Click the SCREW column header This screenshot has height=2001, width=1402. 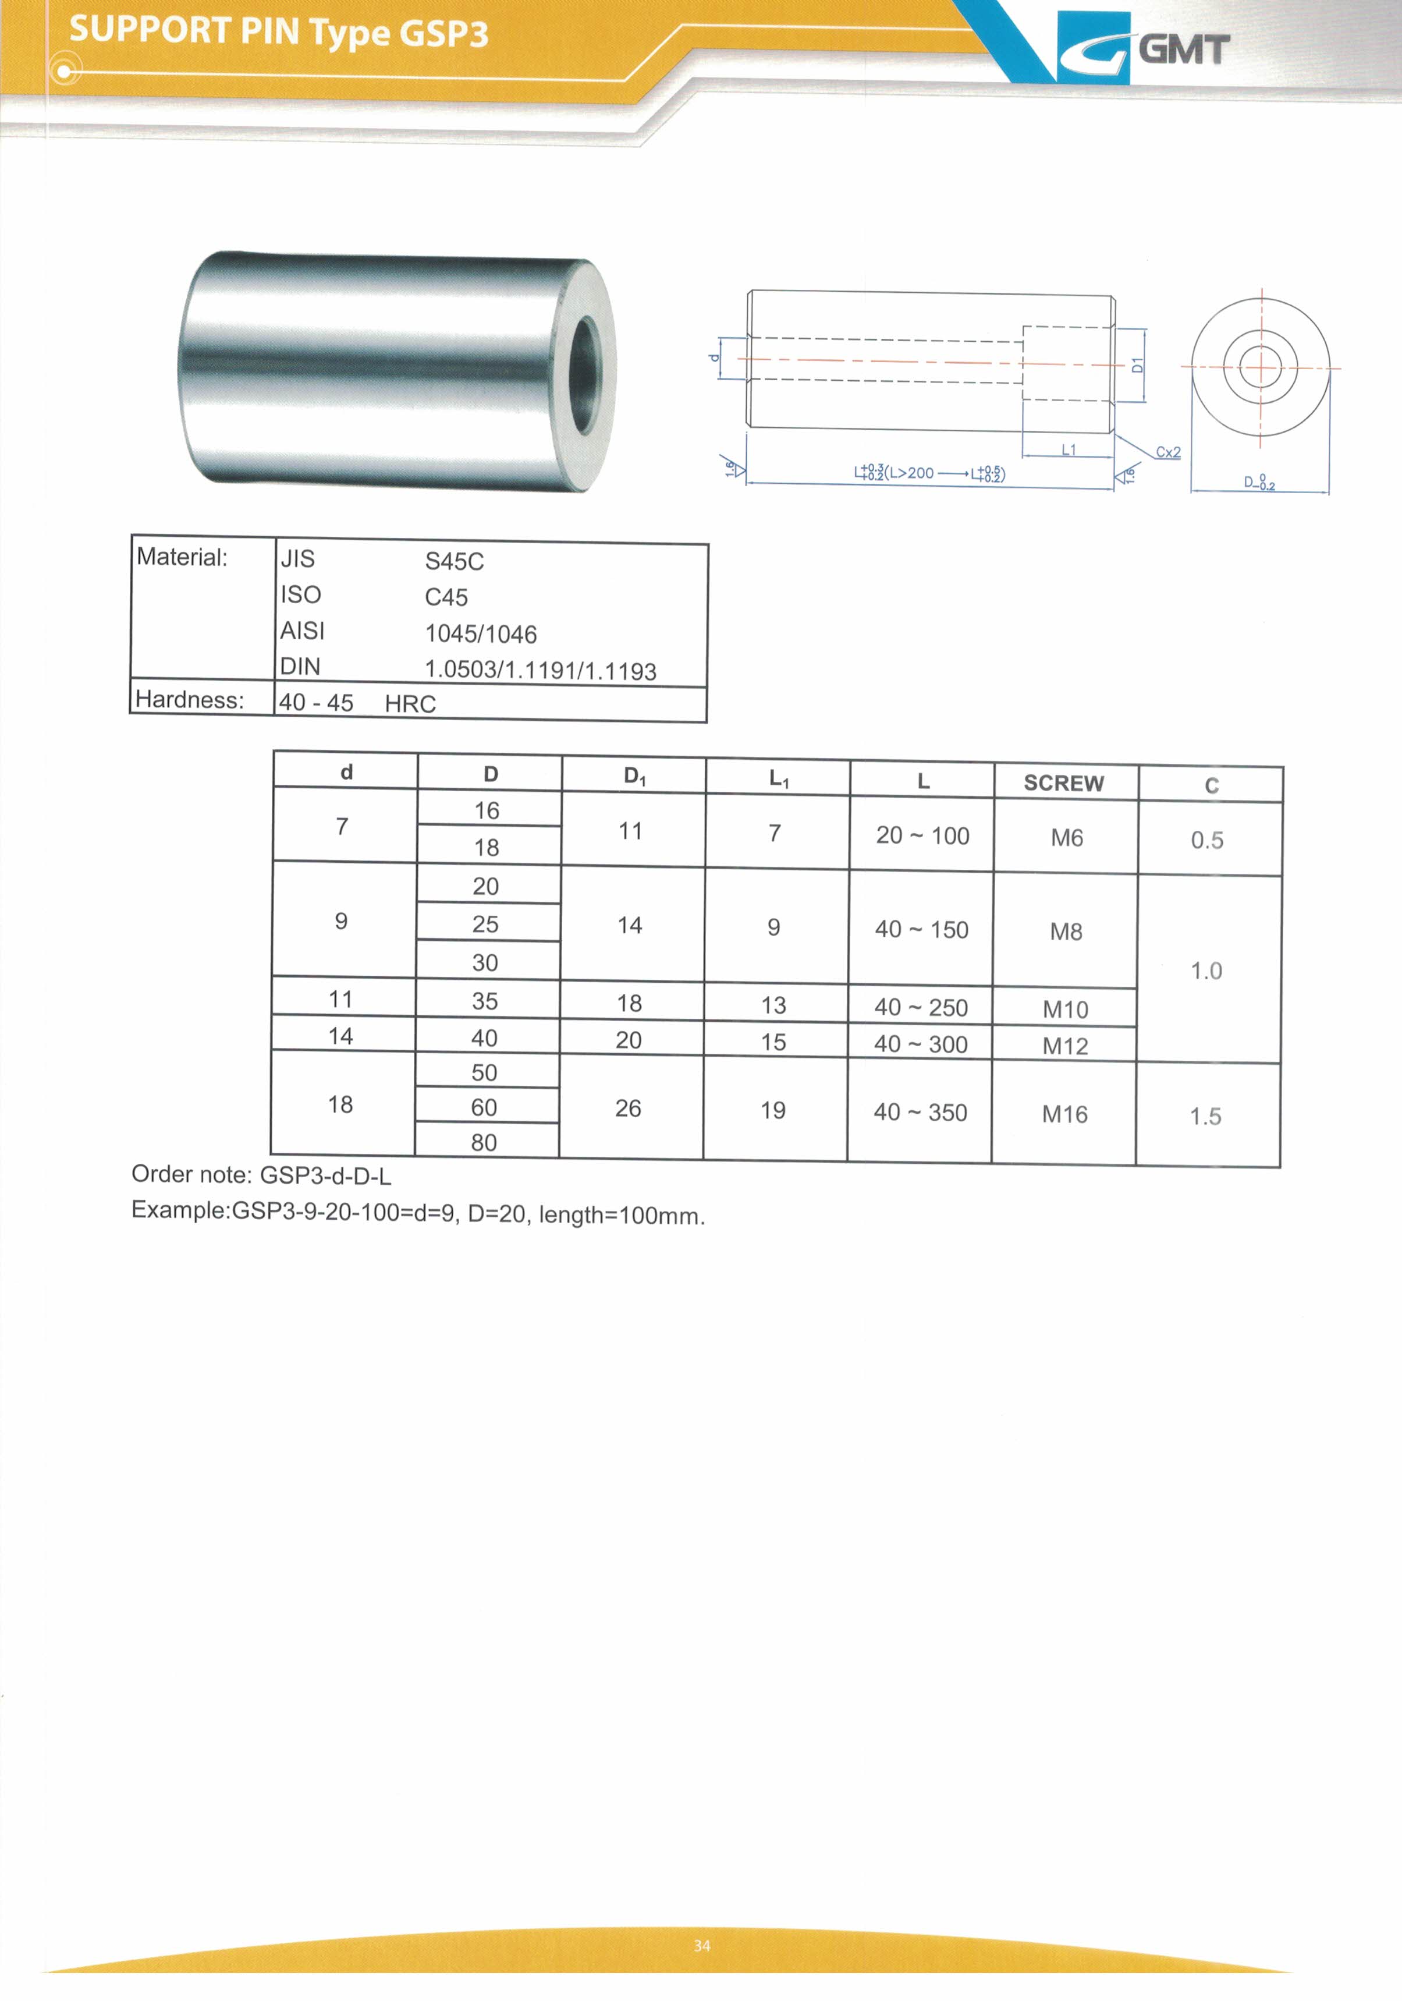coord(1063,782)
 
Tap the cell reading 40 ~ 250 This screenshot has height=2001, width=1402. coord(921,1007)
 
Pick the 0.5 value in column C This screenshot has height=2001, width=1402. coord(1207,840)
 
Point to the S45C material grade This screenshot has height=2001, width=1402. coord(454,561)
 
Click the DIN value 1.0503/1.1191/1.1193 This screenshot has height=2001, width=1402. coord(540,670)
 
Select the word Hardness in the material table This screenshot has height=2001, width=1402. coord(189,700)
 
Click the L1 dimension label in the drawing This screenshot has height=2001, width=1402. coord(1069,449)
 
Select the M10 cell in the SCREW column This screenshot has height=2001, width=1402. coord(1065,1009)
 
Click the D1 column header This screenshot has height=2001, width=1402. coord(634,775)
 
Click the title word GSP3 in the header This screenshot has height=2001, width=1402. coord(443,33)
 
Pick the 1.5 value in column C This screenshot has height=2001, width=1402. coord(1205,1117)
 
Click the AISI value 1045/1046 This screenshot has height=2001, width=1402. coord(480,633)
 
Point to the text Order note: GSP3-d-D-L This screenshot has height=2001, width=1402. coord(261,1175)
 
